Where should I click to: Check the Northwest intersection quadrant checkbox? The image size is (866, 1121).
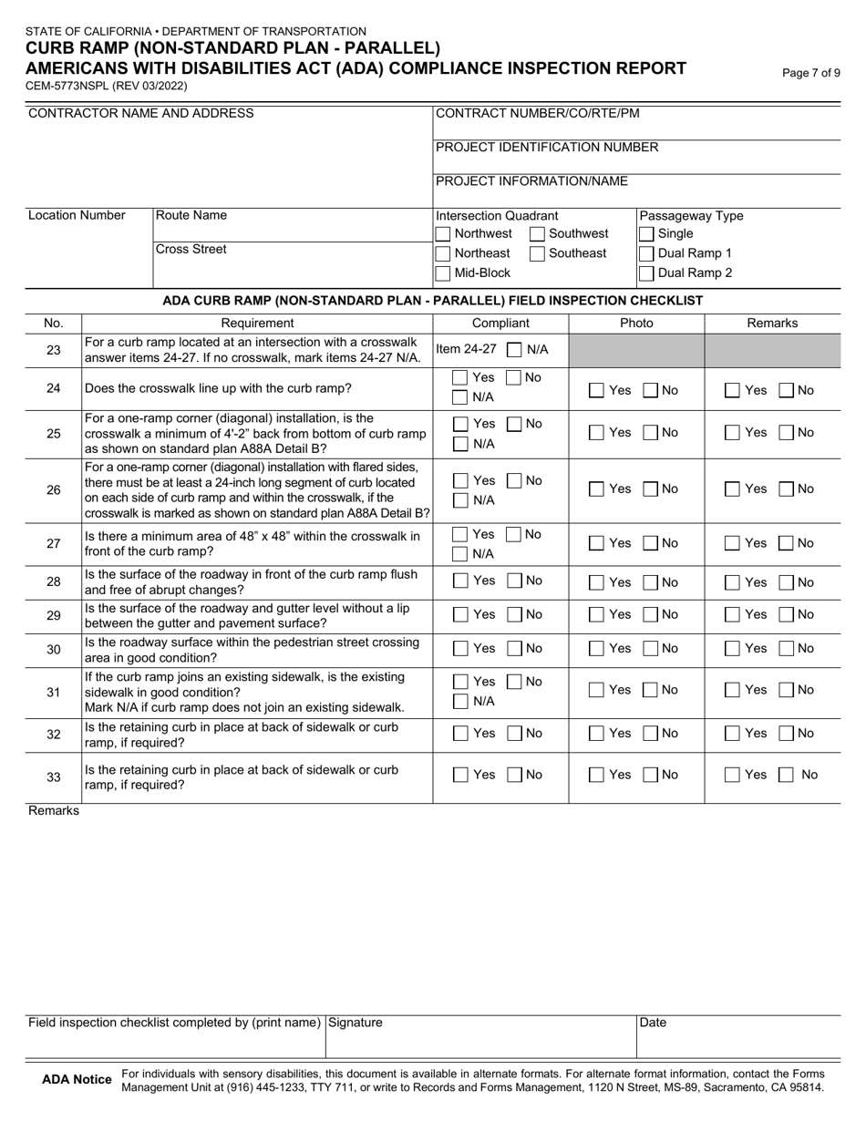[x=443, y=234]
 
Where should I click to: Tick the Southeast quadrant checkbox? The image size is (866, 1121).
[x=538, y=254]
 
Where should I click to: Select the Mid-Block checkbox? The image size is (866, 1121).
[x=443, y=273]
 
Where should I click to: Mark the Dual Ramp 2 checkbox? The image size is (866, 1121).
[x=646, y=273]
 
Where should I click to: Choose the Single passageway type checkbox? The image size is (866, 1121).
[x=646, y=234]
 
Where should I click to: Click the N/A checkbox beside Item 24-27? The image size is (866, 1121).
[x=514, y=349]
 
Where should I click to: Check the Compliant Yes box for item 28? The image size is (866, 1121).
[x=461, y=581]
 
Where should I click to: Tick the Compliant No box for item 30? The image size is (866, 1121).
[x=514, y=649]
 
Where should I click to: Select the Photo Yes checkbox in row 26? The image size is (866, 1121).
[x=596, y=489]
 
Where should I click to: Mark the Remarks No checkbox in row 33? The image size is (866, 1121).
[x=786, y=776]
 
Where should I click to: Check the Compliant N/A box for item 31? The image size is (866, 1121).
[x=461, y=701]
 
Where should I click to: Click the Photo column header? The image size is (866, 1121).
[x=636, y=323]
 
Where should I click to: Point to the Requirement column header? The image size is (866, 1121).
[x=257, y=323]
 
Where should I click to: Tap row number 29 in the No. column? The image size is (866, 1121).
[x=54, y=615]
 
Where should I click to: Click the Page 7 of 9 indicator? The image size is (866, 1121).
[x=811, y=73]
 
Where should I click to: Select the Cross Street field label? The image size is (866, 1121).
[x=191, y=249]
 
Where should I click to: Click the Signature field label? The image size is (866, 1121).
[x=356, y=1023]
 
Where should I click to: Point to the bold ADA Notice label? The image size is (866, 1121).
[x=77, y=1080]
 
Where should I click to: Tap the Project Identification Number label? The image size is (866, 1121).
[x=547, y=147]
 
